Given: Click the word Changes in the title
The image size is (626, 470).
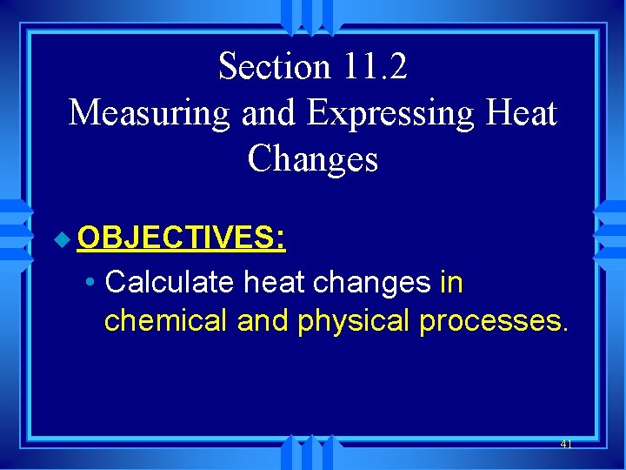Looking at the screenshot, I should pos(313,159).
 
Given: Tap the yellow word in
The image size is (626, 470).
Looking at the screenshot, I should pos(451,282).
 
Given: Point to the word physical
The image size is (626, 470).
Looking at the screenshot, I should pos(354,321).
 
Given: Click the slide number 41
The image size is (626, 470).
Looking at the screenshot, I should pos(566,444).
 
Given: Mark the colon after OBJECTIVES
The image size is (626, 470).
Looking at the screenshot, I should pos(282,238).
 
